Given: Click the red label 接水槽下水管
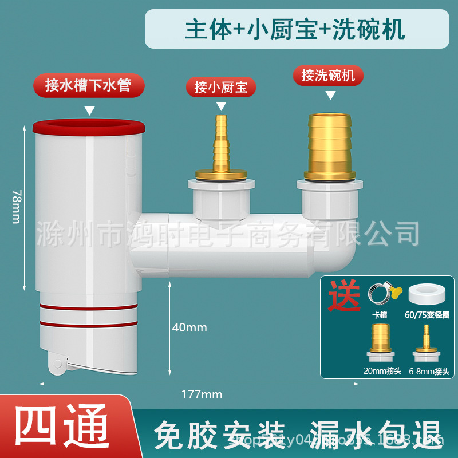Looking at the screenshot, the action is (x=88, y=86).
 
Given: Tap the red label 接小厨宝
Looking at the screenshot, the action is (x=220, y=87).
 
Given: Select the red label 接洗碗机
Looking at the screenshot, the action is (x=328, y=75).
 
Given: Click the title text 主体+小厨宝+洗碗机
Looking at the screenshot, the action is (x=295, y=29).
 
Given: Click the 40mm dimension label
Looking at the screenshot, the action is (x=189, y=327).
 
